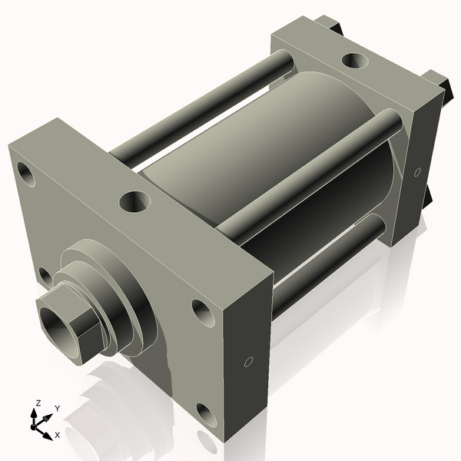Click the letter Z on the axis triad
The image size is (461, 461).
click(38, 403)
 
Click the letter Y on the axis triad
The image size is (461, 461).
click(57, 408)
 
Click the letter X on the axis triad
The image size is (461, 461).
click(57, 434)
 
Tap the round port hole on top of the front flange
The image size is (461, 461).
click(135, 203)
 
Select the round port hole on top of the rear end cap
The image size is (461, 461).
click(356, 59)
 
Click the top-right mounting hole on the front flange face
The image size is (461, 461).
click(201, 311)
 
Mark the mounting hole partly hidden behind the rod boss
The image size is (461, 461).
click(45, 276)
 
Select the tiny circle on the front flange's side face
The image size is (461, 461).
click(248, 361)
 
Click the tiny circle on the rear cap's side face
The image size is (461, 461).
click(417, 172)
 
